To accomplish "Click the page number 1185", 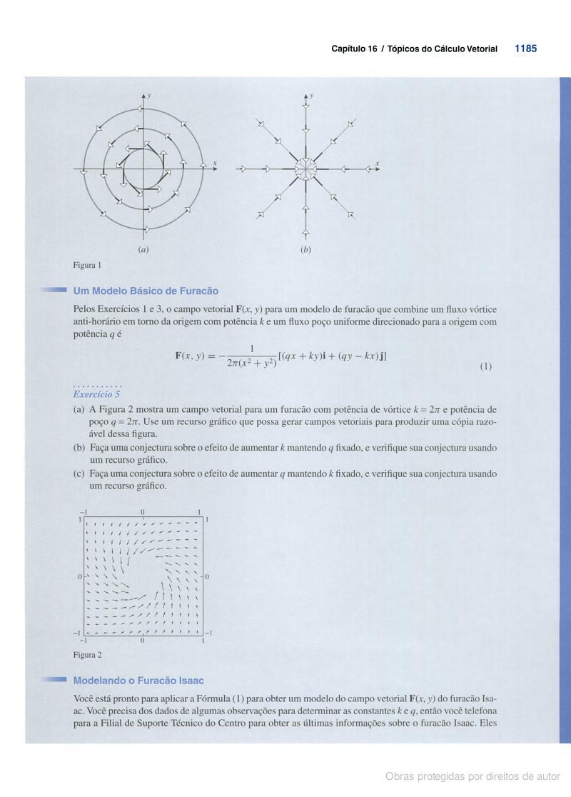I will click(525, 49).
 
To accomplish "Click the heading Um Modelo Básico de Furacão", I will click(146, 291).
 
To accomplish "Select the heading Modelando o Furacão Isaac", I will click(138, 681).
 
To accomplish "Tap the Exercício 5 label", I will click(97, 394).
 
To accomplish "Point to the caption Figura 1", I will click(87, 265).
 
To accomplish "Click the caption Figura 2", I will click(87, 654).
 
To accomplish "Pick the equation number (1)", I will click(485, 366).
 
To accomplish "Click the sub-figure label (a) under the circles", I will click(143, 250).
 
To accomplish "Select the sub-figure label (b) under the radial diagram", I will click(305, 250).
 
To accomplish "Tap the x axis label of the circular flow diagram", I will click(215, 164).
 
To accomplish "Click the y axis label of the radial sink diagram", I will click(311, 94).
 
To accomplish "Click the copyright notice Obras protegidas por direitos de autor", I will click(473, 776).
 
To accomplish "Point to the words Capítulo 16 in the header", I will click(354, 49).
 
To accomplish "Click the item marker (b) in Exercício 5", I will click(79, 447).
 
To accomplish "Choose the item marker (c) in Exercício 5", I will click(79, 473).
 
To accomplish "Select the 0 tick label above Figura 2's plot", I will click(143, 512).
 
